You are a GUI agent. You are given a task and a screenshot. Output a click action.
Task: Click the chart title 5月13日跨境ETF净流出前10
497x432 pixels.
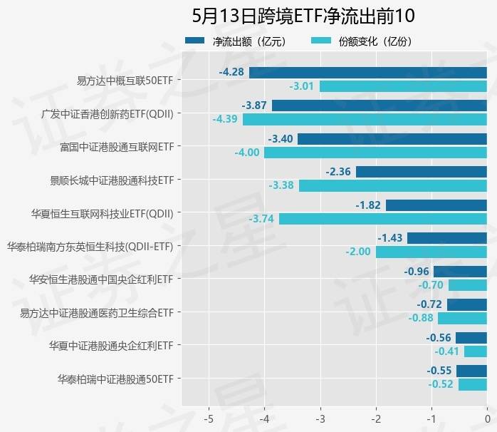click(303, 16)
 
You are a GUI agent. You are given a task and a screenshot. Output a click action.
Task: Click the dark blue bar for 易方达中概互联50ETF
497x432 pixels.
click(367, 72)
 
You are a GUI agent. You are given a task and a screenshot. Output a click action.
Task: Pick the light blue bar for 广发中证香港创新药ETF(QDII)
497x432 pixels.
click(365, 119)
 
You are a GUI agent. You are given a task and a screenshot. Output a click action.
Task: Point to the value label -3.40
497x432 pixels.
click(280, 138)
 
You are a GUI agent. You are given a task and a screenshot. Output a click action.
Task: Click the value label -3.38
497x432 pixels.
click(281, 185)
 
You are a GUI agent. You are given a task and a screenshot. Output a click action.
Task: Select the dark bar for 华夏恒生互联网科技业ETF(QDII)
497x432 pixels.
click(436, 205)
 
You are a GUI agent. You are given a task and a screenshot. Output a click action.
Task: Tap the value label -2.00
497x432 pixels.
click(358, 252)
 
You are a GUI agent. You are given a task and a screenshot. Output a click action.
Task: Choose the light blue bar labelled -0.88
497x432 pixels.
click(461, 318)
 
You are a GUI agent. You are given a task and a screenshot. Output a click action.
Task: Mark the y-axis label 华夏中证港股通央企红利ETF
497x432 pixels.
click(111, 345)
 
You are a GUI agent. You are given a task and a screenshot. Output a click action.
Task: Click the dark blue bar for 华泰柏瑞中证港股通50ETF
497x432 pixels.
click(471, 371)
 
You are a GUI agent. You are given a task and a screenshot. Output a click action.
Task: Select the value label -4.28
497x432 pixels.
click(231, 72)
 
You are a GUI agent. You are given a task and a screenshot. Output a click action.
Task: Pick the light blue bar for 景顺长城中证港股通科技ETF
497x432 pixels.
click(392, 185)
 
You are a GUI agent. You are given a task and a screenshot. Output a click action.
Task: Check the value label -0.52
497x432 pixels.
click(441, 384)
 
